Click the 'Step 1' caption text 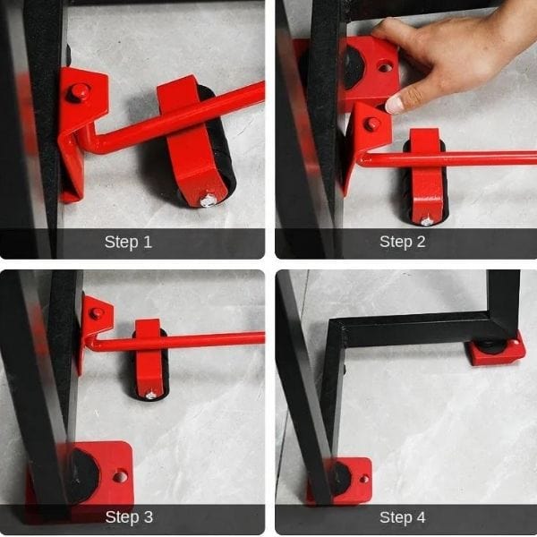pos(128,243)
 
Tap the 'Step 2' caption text pos(403,242)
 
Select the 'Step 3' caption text pos(129,517)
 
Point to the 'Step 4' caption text pos(403,517)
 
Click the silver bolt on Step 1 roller pos(208,200)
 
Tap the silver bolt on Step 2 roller pos(426,221)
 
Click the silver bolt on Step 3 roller pos(150,396)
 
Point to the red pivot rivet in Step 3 pos(97,313)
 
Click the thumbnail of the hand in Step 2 pos(395,105)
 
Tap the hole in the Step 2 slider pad pos(385,67)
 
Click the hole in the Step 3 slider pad pos(120,476)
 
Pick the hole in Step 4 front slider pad pos(364,479)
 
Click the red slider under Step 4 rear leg pos(497,350)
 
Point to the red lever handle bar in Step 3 pos(175,341)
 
